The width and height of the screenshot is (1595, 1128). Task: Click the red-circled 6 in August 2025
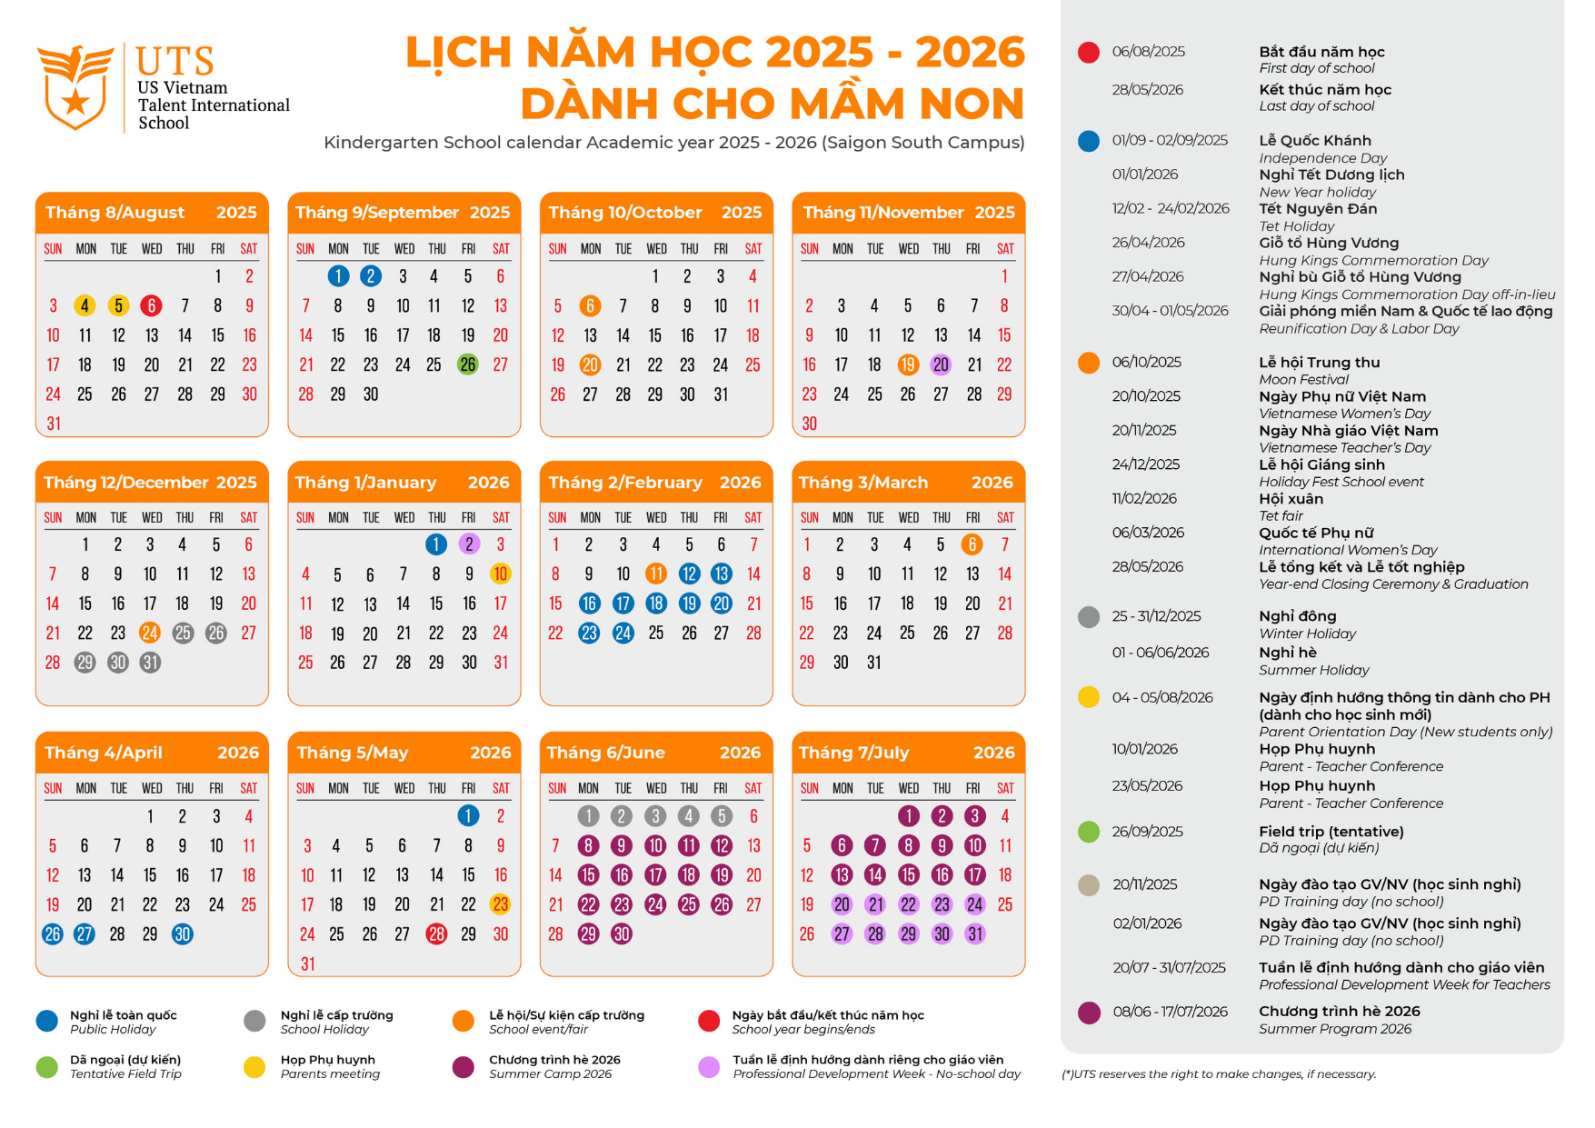(x=151, y=306)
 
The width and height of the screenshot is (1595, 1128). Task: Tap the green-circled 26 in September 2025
(x=467, y=364)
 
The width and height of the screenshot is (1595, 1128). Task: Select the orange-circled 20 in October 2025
(x=590, y=364)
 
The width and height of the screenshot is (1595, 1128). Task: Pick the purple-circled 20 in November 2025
(x=941, y=364)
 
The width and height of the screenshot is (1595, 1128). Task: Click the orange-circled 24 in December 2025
(x=150, y=633)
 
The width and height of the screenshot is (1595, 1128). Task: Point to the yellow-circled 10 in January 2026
(x=500, y=574)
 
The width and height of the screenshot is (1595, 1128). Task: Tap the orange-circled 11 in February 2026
(x=655, y=574)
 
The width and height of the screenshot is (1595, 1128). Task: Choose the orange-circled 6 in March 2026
(x=972, y=544)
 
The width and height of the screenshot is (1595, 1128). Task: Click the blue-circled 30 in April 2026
(x=183, y=933)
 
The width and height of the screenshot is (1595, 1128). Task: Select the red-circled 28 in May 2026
(x=436, y=933)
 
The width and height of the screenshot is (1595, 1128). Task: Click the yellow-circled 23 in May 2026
(x=500, y=904)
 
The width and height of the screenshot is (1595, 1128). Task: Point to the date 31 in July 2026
(x=975, y=933)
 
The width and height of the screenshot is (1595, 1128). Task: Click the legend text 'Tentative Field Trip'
(x=125, y=1074)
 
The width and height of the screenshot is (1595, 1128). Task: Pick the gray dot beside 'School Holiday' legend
(x=254, y=1021)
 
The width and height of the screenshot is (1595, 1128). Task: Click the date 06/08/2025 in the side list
(x=1148, y=52)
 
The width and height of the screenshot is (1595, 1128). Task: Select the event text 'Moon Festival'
(x=1303, y=380)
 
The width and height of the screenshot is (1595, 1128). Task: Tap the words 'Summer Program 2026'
(x=1334, y=1029)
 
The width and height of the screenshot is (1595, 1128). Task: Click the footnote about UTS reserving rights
(x=1218, y=1074)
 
